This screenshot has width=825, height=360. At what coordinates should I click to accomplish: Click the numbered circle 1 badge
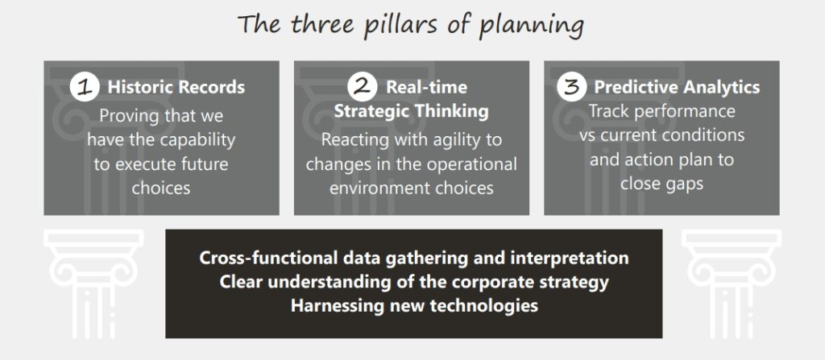pyautogui.click(x=84, y=87)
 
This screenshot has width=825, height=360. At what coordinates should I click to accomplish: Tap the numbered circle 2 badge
pyautogui.click(x=362, y=87)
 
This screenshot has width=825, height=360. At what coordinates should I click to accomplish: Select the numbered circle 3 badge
pyautogui.click(x=571, y=87)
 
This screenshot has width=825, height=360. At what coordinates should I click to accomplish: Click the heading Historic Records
pyautogui.click(x=176, y=87)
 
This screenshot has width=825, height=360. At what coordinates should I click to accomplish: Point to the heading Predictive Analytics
pyautogui.click(x=677, y=87)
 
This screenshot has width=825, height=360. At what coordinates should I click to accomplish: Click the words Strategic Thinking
pyautogui.click(x=412, y=112)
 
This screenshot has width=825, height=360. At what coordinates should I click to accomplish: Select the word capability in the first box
pyautogui.click(x=197, y=140)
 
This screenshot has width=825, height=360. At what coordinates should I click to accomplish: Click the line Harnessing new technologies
pyautogui.click(x=414, y=306)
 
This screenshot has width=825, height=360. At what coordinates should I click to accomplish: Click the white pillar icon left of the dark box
pyautogui.click(x=93, y=283)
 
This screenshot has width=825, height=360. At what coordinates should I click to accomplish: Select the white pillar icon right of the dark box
pyautogui.click(x=732, y=283)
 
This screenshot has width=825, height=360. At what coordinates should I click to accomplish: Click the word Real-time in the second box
pyautogui.click(x=427, y=87)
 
